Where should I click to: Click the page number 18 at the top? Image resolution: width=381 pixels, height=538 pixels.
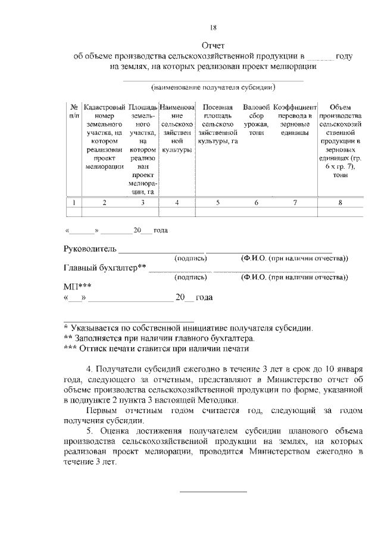213,27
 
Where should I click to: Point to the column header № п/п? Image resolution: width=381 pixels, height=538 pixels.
73,111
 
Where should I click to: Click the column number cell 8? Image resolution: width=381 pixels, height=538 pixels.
340,203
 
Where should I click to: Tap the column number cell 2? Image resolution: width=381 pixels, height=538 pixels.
104,203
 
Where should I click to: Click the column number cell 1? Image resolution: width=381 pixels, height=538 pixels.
73,203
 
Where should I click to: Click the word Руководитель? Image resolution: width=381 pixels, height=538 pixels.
90,248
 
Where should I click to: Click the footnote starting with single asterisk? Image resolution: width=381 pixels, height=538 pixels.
188,328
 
